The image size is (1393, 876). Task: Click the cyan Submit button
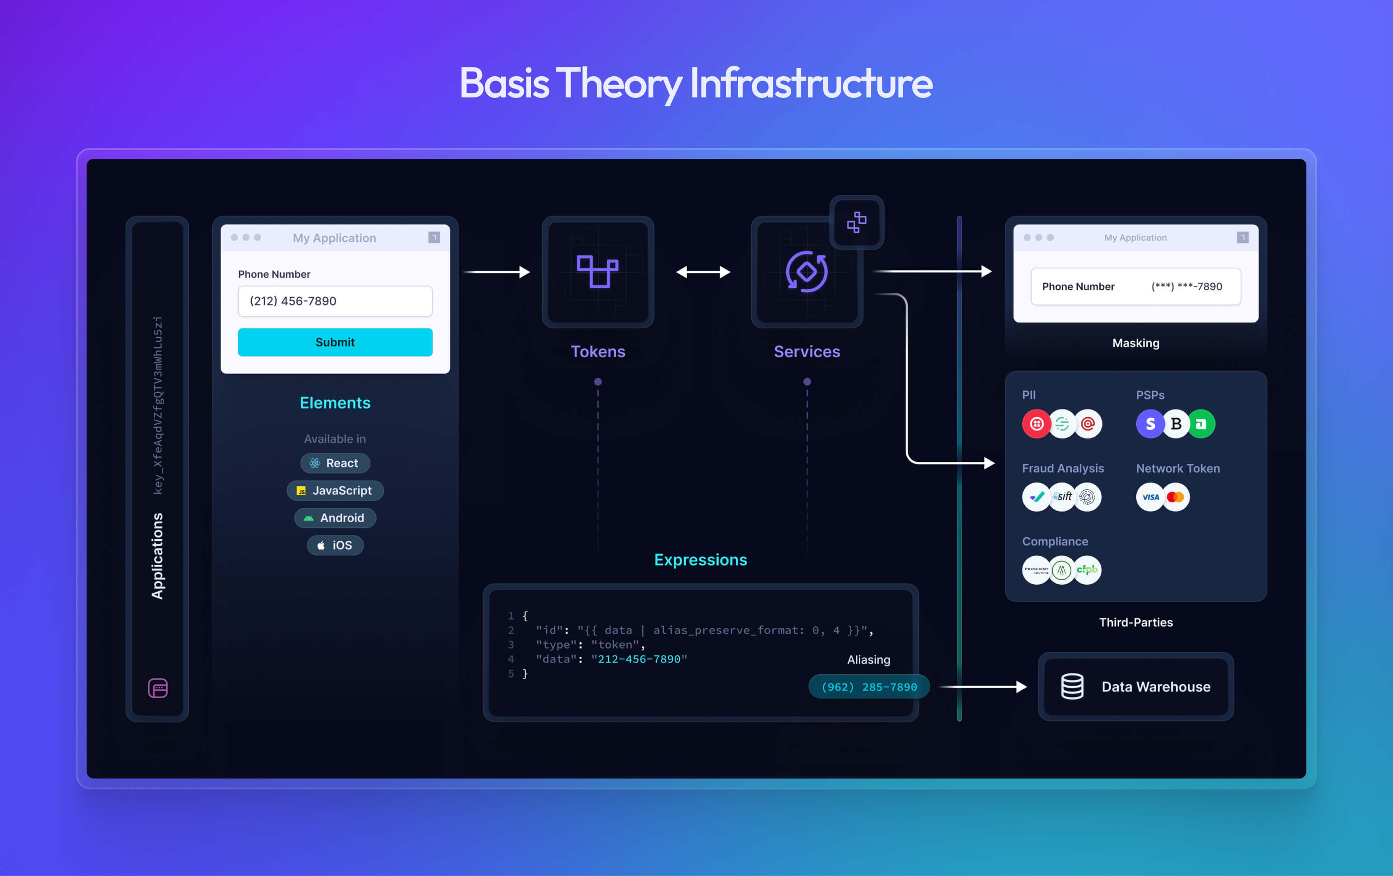[335, 342]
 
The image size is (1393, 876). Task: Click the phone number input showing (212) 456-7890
[335, 301]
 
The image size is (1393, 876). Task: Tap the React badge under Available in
[335, 463]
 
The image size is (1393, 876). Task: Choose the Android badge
[335, 518]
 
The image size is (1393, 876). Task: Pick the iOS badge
[335, 545]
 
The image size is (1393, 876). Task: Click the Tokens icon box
[598, 272]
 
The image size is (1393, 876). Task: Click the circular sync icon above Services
[807, 272]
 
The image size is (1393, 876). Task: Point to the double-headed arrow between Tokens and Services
[703, 272]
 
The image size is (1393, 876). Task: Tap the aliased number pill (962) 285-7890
[869, 687]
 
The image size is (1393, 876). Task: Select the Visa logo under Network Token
[1150, 497]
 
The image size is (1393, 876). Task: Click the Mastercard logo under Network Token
[1176, 497]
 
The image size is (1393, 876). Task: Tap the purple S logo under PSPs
[1150, 424]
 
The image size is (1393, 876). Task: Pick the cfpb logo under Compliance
[1087, 570]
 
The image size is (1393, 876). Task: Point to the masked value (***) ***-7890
[1186, 286]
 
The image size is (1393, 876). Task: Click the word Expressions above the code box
[701, 559]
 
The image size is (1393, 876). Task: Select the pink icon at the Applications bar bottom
[158, 688]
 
